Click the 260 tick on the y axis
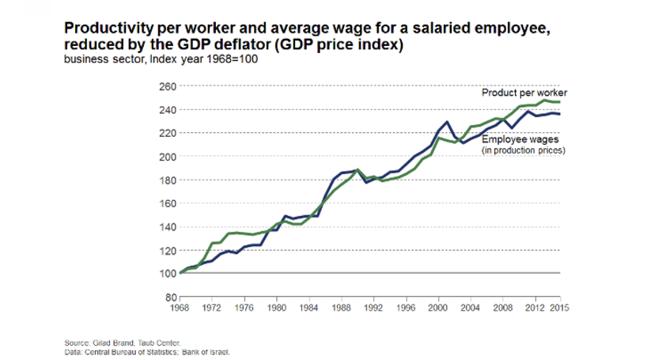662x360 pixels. (x=167, y=86)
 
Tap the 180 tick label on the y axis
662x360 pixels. (x=167, y=180)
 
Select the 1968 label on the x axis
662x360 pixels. (x=181, y=307)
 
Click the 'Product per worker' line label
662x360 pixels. (x=525, y=93)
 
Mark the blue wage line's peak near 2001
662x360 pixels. (x=448, y=122)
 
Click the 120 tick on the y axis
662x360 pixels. (x=167, y=250)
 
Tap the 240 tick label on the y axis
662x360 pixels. (x=167, y=109)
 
